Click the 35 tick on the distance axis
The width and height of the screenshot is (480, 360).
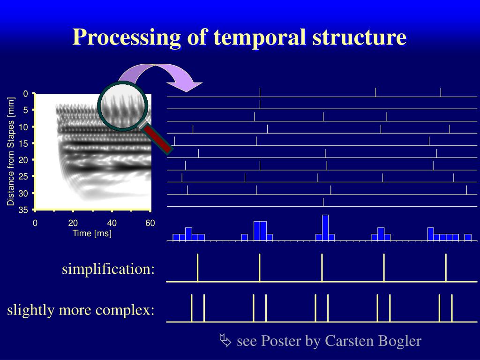23,210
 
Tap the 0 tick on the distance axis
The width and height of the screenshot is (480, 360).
26,93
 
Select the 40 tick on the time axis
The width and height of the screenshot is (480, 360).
112,223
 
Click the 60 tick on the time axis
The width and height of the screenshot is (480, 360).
150,223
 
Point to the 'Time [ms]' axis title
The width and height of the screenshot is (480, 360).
92,233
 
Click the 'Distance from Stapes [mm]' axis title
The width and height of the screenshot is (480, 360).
11,151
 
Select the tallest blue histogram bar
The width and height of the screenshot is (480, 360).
325,227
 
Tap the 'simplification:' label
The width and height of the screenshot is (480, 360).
108,270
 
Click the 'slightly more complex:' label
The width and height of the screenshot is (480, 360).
81,310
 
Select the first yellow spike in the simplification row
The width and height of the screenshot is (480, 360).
197,267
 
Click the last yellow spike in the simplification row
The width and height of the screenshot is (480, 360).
446,267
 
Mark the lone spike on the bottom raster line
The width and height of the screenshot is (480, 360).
323,202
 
